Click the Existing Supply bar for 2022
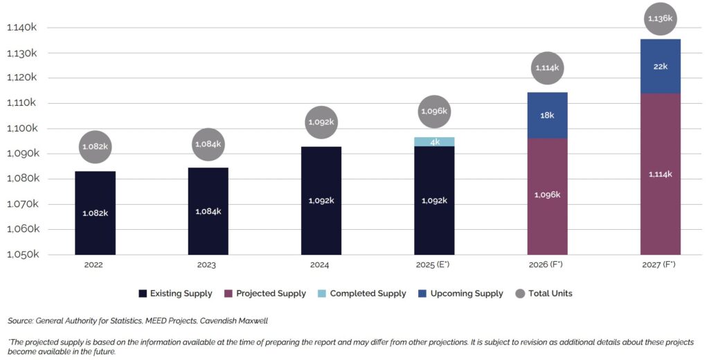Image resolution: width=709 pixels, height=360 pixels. point(95,213)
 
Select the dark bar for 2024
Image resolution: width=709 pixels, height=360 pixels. point(321,200)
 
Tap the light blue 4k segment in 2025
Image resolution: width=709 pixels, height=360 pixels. point(434,142)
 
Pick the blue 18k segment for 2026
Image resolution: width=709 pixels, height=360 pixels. point(547,115)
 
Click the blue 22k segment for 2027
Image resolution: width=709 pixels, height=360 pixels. point(660,66)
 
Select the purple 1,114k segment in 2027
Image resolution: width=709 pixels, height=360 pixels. point(660,174)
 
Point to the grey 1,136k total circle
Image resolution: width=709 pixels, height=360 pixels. point(660,19)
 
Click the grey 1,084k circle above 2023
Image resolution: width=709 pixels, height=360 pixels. point(208,144)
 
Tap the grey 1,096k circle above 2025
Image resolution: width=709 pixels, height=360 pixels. point(434,111)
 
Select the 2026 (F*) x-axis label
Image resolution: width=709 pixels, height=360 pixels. point(547,265)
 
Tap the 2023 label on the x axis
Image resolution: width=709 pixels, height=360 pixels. point(208,265)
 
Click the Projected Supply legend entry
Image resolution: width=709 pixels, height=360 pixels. point(265,294)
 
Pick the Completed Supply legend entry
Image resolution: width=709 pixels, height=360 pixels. point(362,294)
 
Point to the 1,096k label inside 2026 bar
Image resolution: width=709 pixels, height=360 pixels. point(547,195)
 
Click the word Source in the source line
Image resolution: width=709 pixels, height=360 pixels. point(21,321)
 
